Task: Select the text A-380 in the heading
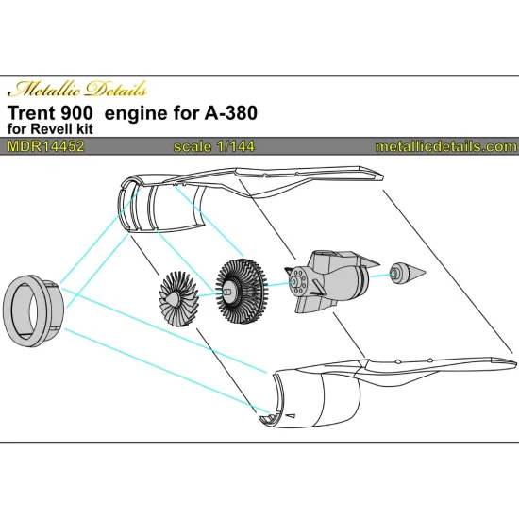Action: click(234, 114)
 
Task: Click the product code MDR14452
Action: click(42, 146)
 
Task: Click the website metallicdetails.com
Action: click(445, 146)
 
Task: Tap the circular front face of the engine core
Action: click(298, 281)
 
